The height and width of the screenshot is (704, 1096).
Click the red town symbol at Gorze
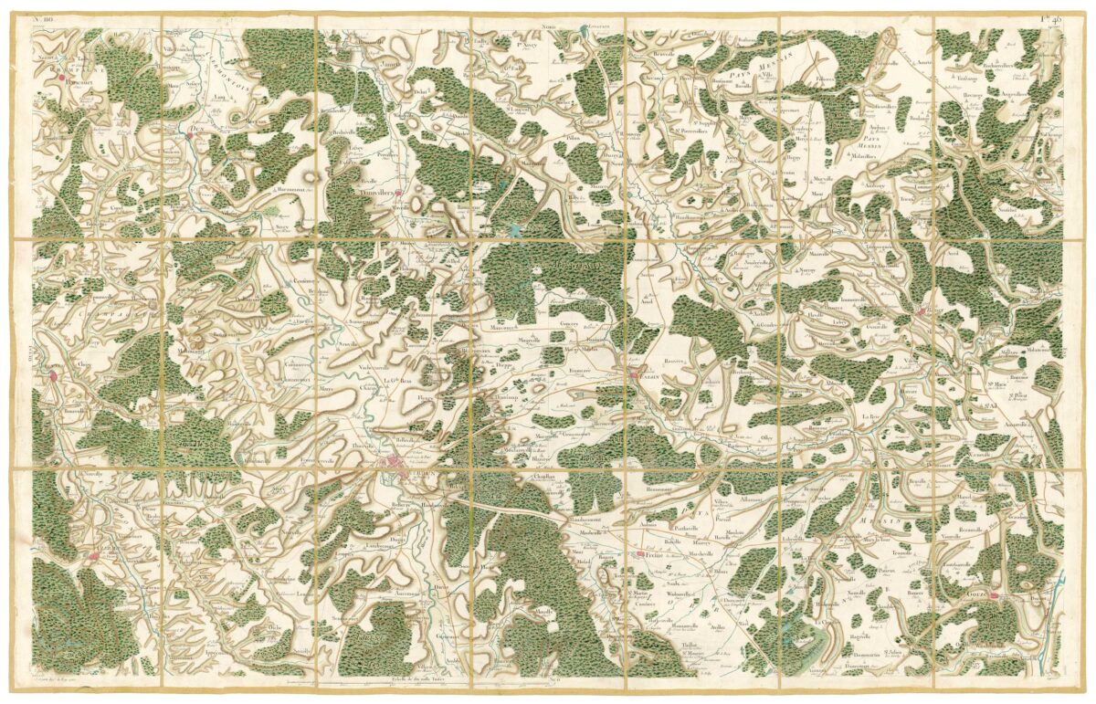click(x=996, y=598)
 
